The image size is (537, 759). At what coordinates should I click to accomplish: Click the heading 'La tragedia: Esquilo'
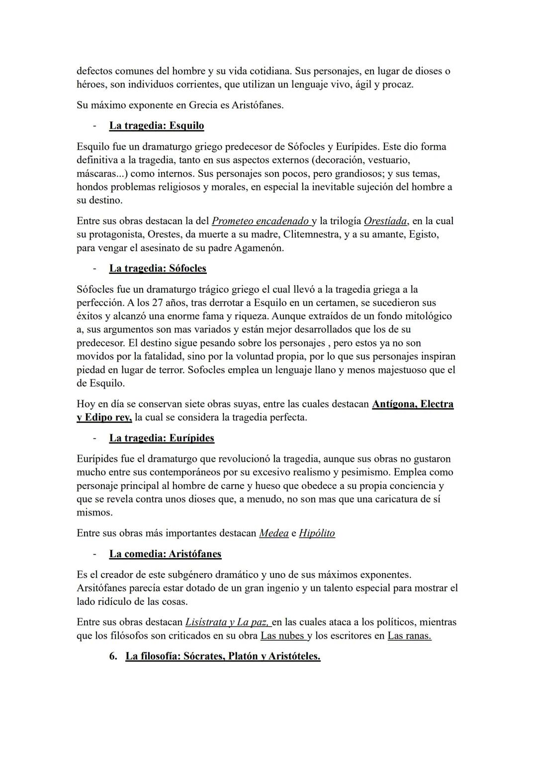point(156,126)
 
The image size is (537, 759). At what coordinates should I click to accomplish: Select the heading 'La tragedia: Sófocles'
point(158,268)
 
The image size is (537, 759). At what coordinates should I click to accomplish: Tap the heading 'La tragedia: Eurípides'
point(162,438)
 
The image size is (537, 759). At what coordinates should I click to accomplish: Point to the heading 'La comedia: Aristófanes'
point(165,554)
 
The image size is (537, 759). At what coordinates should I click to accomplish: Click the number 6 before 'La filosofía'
point(113,656)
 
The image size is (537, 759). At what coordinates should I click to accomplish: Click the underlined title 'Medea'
point(273,533)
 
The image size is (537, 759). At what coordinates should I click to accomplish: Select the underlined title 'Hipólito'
point(317,533)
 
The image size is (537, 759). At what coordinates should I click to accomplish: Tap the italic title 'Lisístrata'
point(206,622)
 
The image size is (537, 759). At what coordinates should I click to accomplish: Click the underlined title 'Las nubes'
point(282,635)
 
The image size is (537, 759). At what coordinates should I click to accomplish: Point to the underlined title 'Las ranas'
point(409,635)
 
